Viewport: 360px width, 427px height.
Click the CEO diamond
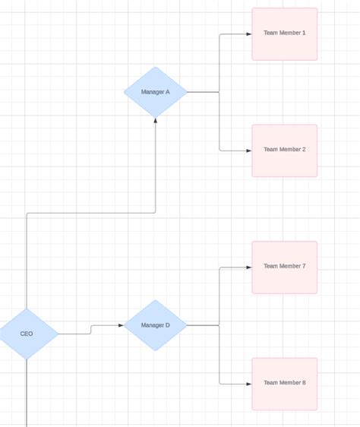coord(27,334)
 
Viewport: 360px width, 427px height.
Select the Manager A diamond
coord(156,92)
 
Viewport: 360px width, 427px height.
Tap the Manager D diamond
coord(156,325)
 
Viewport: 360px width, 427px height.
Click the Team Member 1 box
coord(285,34)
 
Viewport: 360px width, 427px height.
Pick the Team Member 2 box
coord(285,150)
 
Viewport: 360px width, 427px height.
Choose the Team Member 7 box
coord(285,267)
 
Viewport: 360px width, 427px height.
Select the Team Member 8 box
coord(285,384)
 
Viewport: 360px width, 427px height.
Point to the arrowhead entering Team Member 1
coord(248,34)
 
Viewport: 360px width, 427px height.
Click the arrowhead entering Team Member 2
coord(248,150)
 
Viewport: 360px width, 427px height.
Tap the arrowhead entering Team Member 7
coord(248,267)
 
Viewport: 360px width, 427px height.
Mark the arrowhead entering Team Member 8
coord(248,384)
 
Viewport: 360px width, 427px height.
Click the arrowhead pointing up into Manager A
coord(156,121)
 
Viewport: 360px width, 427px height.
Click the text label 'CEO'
coord(27,334)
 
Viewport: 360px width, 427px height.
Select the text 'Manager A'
coord(156,92)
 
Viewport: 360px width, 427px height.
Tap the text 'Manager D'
coord(156,325)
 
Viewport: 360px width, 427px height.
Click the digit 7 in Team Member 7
coord(304,266)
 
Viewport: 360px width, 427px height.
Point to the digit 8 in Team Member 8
coord(304,383)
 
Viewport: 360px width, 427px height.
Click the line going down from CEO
coord(27,395)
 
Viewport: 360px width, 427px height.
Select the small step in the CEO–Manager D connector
coord(91,330)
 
